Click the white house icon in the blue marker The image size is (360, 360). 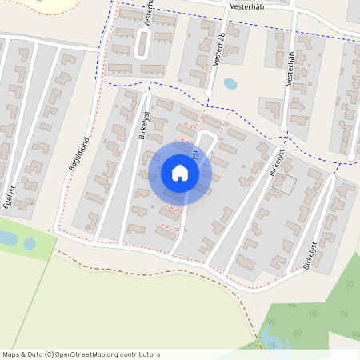(x=180, y=173)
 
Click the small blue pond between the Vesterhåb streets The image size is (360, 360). (x=230, y=83)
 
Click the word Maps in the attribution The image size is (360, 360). (x=12, y=354)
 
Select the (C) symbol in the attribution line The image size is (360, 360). (x=49, y=354)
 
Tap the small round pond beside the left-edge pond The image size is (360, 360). (x=30, y=243)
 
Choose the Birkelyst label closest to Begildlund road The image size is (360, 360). (x=144, y=124)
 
